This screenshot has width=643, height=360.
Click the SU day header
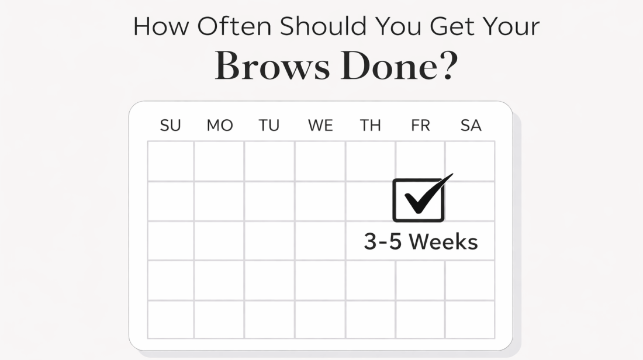click(170, 126)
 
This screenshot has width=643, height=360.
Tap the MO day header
click(220, 126)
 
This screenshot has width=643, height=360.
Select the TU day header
click(269, 126)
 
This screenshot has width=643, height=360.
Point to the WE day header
click(320, 126)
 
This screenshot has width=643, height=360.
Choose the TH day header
click(370, 126)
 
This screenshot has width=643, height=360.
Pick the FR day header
click(420, 126)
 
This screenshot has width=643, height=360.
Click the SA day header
click(471, 126)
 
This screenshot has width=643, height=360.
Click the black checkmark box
click(418, 200)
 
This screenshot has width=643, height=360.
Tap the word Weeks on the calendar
click(443, 242)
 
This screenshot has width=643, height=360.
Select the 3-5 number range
click(383, 242)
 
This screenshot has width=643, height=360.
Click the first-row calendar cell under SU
click(171, 161)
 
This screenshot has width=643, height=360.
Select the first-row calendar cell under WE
click(320, 161)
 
